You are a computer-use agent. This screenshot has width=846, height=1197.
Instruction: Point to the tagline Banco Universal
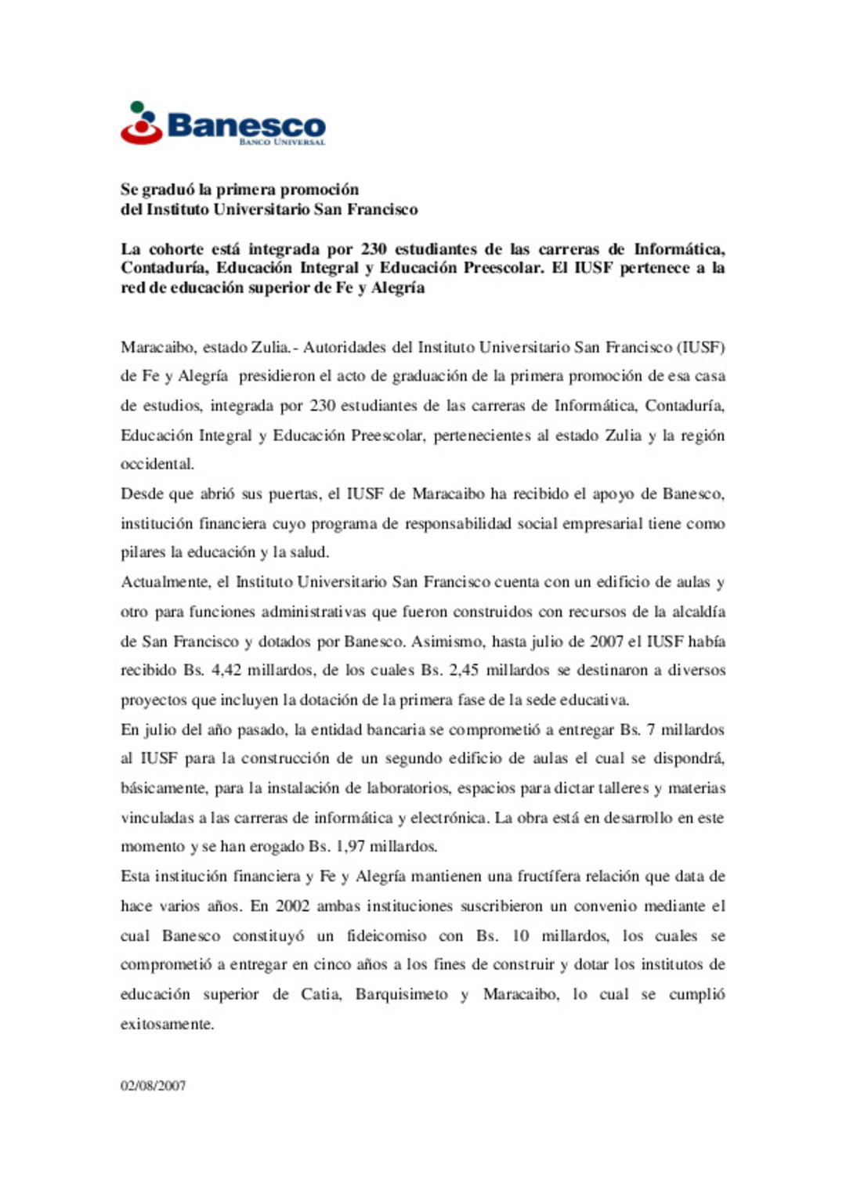point(282,143)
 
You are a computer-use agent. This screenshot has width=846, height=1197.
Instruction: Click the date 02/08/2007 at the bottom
point(153,1086)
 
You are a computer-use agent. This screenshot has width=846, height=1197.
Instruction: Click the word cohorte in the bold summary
point(175,249)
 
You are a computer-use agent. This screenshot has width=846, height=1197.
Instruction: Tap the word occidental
point(157,464)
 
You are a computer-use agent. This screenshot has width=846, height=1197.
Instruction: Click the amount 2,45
point(463,671)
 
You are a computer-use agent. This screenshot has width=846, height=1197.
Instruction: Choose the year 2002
point(291,906)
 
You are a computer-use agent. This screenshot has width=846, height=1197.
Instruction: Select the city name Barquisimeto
point(401,995)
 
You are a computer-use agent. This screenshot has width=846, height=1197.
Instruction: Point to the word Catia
point(320,995)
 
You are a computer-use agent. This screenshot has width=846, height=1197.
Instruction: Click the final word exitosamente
point(167,1025)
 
